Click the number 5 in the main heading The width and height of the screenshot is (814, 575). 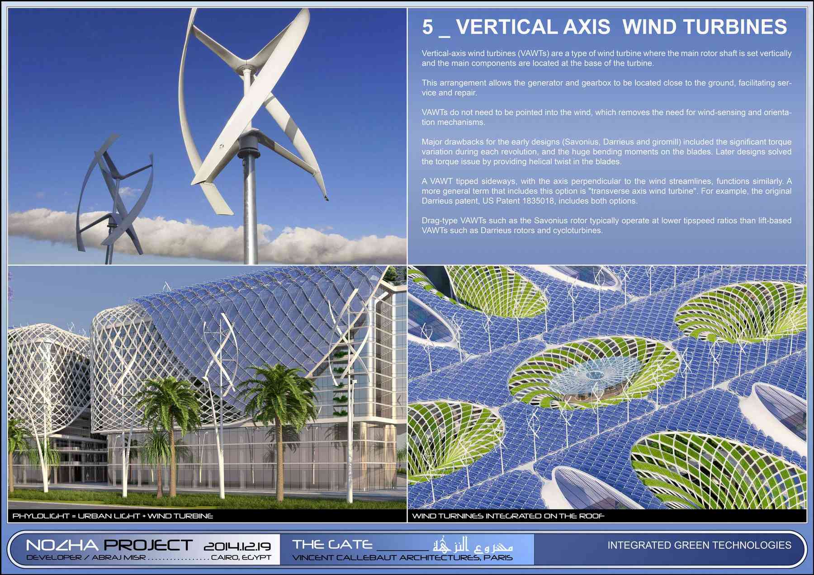[x=427, y=27]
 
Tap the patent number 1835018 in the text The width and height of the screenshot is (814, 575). [x=538, y=201]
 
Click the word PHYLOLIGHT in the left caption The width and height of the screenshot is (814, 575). [x=41, y=516]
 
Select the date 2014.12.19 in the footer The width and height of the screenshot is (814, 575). [x=237, y=546]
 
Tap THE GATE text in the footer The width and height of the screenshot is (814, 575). [x=332, y=544]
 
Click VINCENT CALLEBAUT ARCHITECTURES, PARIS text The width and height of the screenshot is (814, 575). [x=402, y=557]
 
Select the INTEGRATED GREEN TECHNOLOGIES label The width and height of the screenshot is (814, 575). [x=699, y=545]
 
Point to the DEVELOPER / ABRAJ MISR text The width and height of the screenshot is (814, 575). [x=86, y=557]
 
